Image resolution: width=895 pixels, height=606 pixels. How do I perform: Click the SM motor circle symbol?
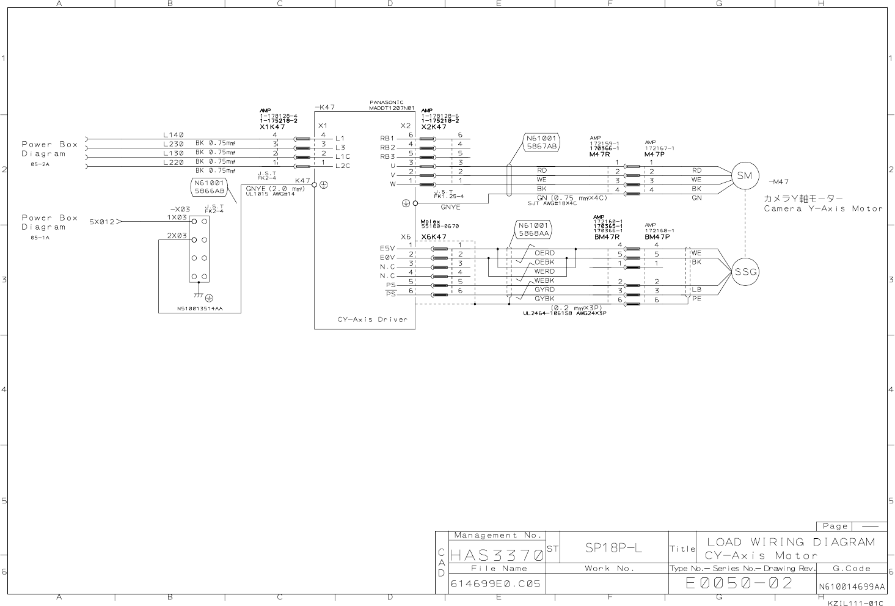pos(745,176)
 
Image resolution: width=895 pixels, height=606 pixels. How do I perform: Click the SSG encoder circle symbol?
pos(745,272)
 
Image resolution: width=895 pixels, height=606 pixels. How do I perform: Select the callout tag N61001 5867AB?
pos(541,142)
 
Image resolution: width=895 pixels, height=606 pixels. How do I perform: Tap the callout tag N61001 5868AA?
pos(534,229)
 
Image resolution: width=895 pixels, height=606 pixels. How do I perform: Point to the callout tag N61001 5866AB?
pos(209,187)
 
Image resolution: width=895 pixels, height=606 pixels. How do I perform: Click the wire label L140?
pos(174,135)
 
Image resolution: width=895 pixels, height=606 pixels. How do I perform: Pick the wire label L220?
pos(174,162)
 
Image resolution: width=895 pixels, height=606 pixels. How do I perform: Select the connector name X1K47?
pos(272,126)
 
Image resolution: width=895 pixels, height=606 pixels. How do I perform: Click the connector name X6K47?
pos(434,236)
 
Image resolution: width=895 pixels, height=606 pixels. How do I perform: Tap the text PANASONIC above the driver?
pos(386,102)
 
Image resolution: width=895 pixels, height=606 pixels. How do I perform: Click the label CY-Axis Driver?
pos(372,319)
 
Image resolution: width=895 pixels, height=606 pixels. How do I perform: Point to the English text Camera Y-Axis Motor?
pos(823,209)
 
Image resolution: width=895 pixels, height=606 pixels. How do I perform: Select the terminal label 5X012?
pos(102,222)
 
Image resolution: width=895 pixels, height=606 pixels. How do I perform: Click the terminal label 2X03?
pos(177,236)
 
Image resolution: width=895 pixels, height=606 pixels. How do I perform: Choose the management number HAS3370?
pos(497,556)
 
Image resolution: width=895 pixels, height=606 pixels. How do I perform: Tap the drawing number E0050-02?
pos(739,583)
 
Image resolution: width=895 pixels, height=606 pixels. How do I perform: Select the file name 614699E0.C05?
pos(495,584)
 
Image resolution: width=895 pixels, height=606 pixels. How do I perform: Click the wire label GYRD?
pos(544,290)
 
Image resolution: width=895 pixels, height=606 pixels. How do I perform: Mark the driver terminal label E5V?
pos(387,249)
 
